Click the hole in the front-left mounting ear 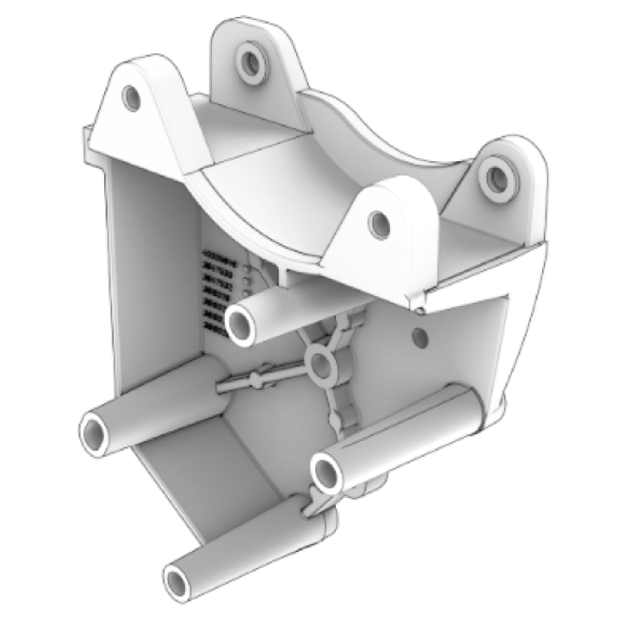(x=131, y=98)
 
